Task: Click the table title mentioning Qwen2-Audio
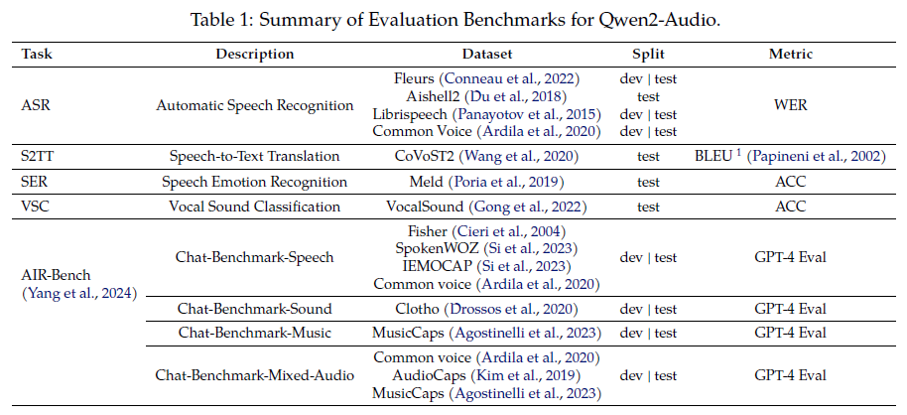[x=453, y=18]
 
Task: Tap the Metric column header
[x=790, y=53]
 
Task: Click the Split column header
[x=649, y=53]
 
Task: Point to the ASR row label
[x=36, y=104]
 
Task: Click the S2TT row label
[x=39, y=156]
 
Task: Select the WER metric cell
[x=790, y=104]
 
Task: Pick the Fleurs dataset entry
[x=486, y=77]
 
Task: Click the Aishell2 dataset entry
[x=486, y=95]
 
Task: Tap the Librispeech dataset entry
[x=486, y=113]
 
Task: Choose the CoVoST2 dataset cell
[x=486, y=156]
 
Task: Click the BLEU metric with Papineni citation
[x=790, y=156]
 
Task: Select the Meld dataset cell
[x=486, y=182]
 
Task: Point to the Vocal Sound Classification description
[x=256, y=207]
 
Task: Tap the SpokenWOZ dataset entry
[x=486, y=248]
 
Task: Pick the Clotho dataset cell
[x=486, y=308]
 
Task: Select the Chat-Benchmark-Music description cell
[x=256, y=333]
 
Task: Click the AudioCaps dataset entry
[x=486, y=375]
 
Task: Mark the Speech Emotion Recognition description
[x=256, y=182]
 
